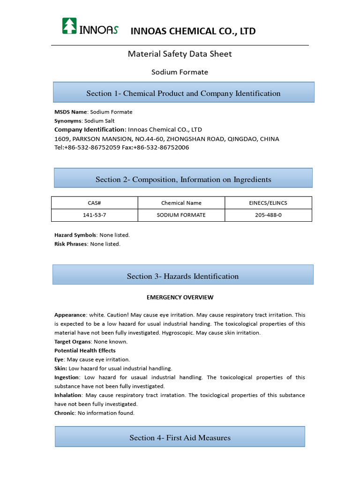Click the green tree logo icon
point(70,26)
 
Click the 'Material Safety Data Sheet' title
point(180,54)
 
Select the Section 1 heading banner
point(183,93)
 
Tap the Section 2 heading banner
point(183,179)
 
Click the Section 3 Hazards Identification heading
point(183,276)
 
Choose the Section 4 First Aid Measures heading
point(180,437)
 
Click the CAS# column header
point(95,203)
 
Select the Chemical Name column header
point(181,203)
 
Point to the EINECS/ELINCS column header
point(268,203)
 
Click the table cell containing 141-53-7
point(95,215)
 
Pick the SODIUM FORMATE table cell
point(181,215)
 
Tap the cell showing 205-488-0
point(268,215)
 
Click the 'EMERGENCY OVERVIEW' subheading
point(180,297)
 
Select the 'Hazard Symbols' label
point(75,235)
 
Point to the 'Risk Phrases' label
point(71,244)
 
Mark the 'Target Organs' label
point(72,342)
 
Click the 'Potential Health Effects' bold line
point(85,351)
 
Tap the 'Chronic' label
point(64,413)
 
